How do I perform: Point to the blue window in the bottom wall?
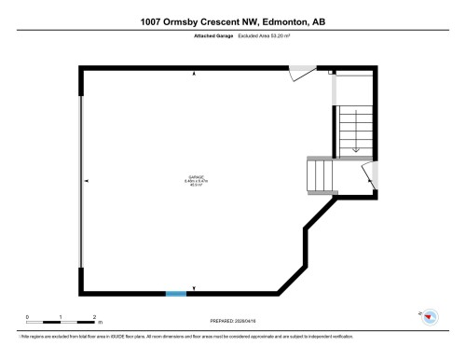click(x=175, y=294)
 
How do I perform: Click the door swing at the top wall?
click(x=301, y=73)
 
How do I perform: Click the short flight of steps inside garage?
click(x=319, y=174)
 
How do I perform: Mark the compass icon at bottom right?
click(x=430, y=317)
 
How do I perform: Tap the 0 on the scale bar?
click(x=27, y=316)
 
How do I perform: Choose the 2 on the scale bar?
click(x=95, y=316)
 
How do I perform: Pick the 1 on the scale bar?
click(x=61, y=316)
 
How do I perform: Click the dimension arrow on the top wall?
click(x=195, y=72)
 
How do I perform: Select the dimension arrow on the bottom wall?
click(x=195, y=289)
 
